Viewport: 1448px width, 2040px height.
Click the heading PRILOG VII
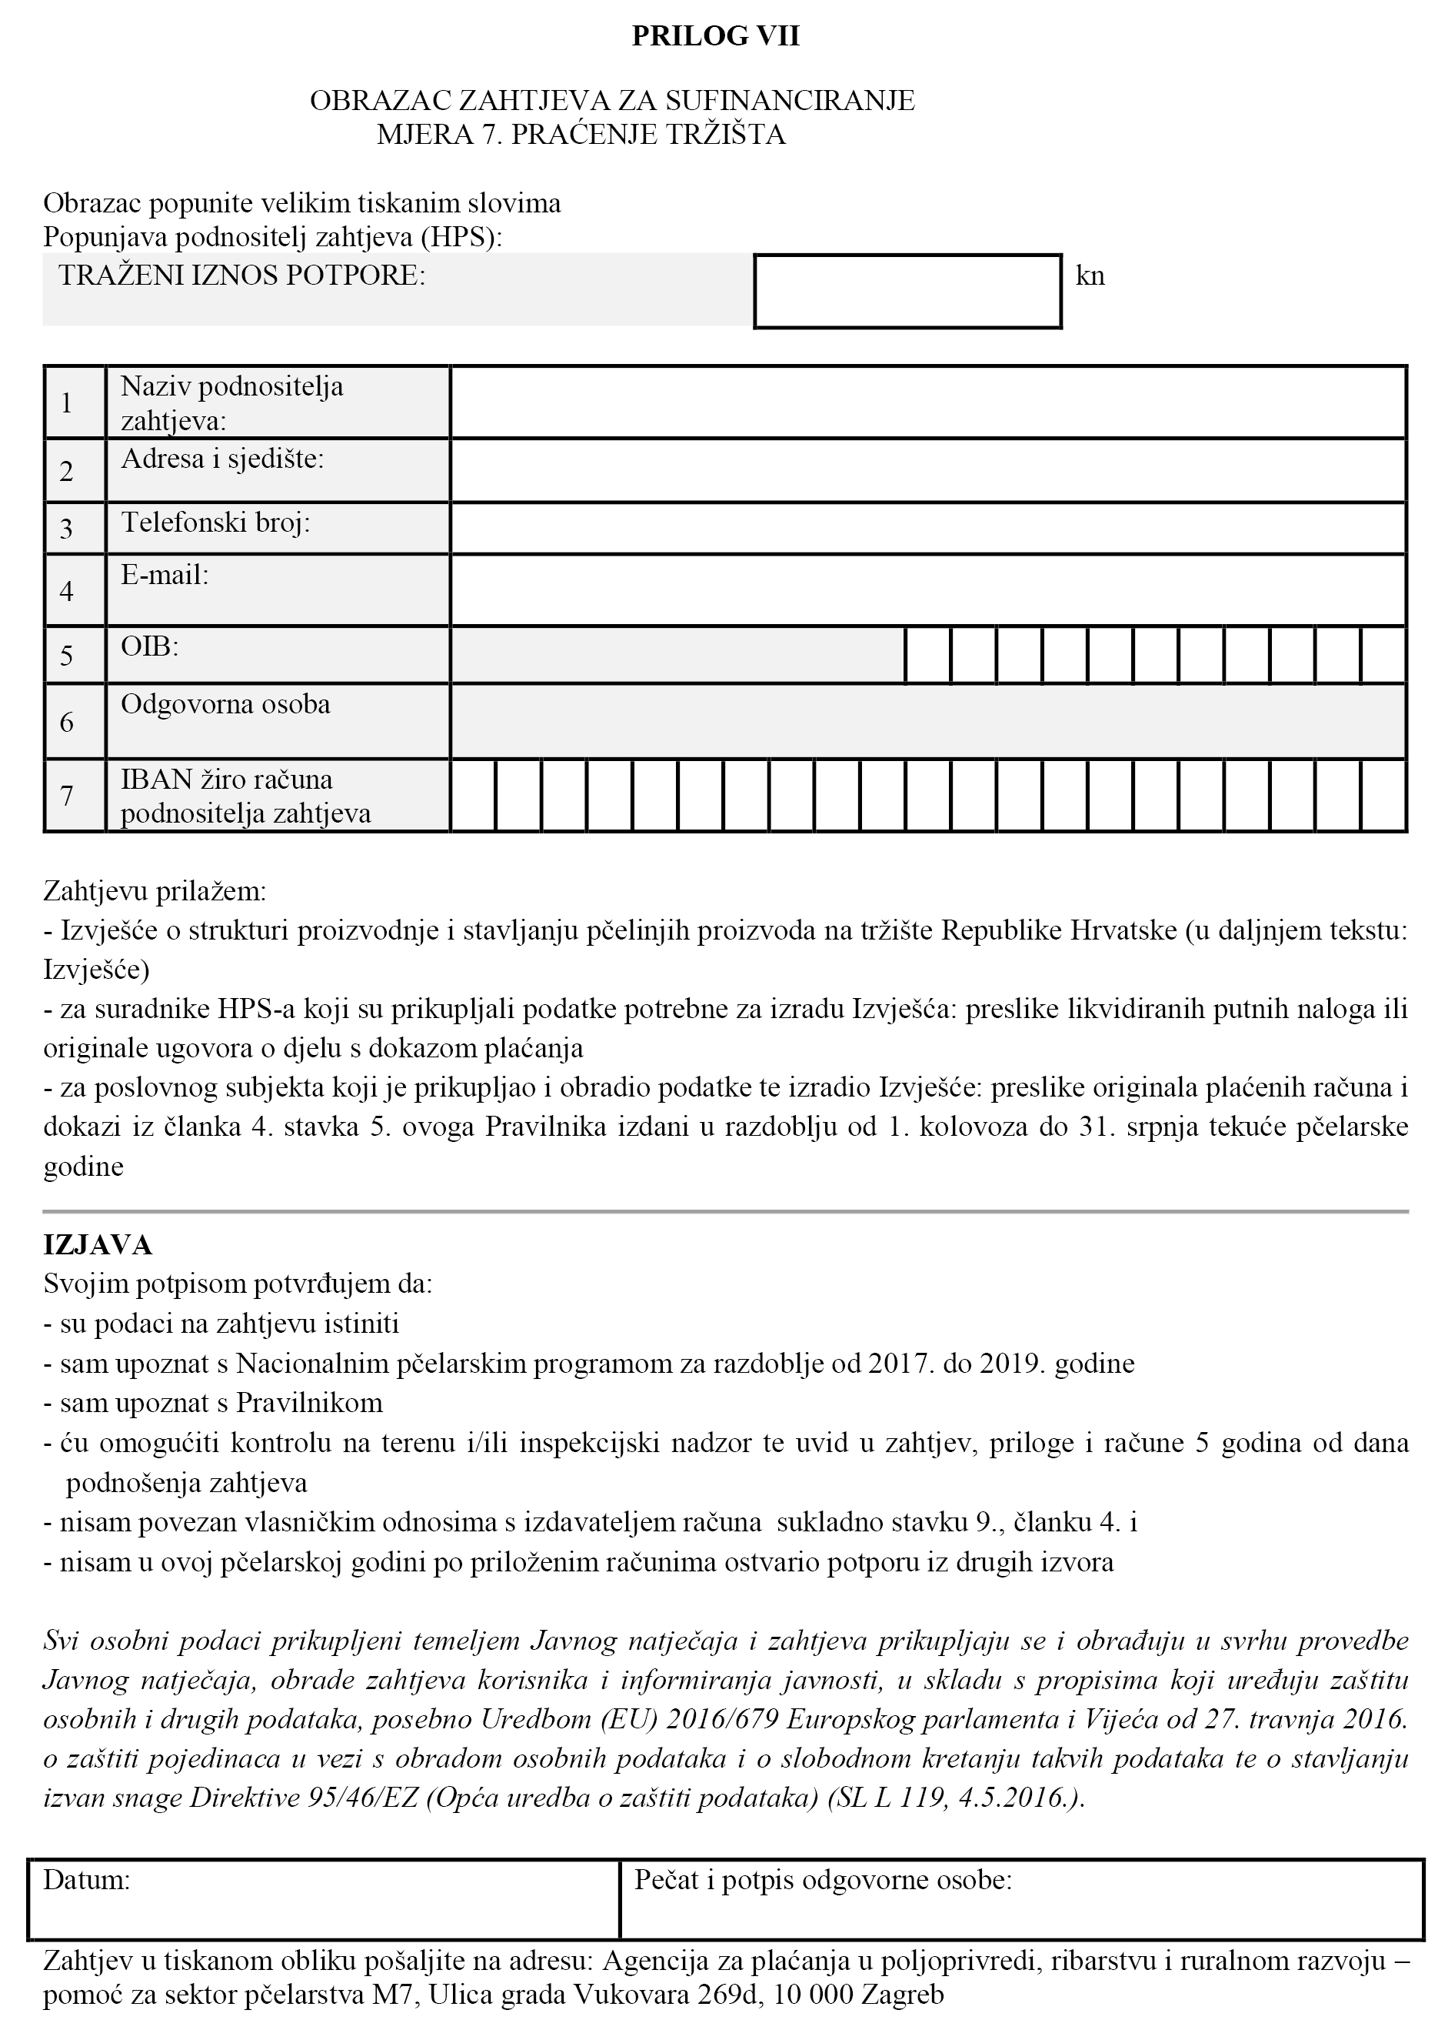click(715, 37)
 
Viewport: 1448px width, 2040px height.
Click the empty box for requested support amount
click(907, 292)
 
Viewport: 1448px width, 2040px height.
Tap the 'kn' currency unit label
click(1090, 275)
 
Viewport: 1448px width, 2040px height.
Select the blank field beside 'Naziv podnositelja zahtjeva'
click(927, 402)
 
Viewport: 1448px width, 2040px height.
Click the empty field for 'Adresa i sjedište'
click(927, 470)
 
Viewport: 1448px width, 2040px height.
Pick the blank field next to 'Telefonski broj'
click(927, 528)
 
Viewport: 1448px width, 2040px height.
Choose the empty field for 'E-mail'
click(927, 589)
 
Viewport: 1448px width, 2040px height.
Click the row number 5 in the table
click(67, 656)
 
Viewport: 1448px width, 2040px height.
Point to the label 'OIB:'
click(150, 646)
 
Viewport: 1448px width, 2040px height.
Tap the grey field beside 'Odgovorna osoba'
click(927, 721)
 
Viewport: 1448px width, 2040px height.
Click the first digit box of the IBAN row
click(474, 795)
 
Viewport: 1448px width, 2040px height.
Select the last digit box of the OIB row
click(1383, 656)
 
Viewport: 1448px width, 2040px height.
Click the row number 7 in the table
click(67, 795)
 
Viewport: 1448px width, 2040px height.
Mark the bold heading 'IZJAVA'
click(98, 1244)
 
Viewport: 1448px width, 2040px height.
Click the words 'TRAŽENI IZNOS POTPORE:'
click(241, 275)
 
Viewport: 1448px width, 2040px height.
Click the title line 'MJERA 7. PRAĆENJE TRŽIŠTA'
click(581, 135)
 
